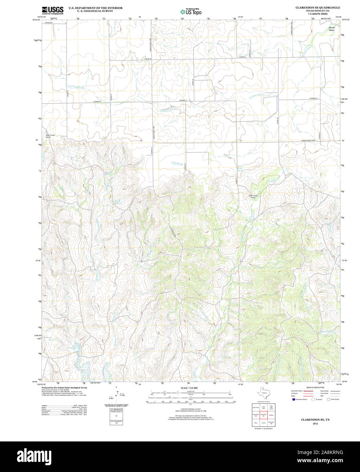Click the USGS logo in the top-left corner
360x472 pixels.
pyautogui.click(x=52, y=11)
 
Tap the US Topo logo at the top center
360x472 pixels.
pyautogui.click(x=191, y=12)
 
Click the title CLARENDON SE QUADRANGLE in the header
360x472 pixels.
pyautogui.click(x=317, y=7)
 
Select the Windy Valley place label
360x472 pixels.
pyautogui.click(x=331, y=29)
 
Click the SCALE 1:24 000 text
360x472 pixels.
pyautogui.click(x=189, y=388)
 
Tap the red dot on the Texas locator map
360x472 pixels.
pyautogui.click(x=263, y=390)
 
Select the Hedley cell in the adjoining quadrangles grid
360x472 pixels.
pyautogui.click(x=271, y=415)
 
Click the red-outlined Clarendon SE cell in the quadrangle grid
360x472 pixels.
pyautogui.click(x=264, y=415)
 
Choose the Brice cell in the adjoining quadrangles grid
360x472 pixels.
pyautogui.click(x=256, y=423)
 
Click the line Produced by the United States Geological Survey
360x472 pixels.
pyautogui.click(x=64, y=387)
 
